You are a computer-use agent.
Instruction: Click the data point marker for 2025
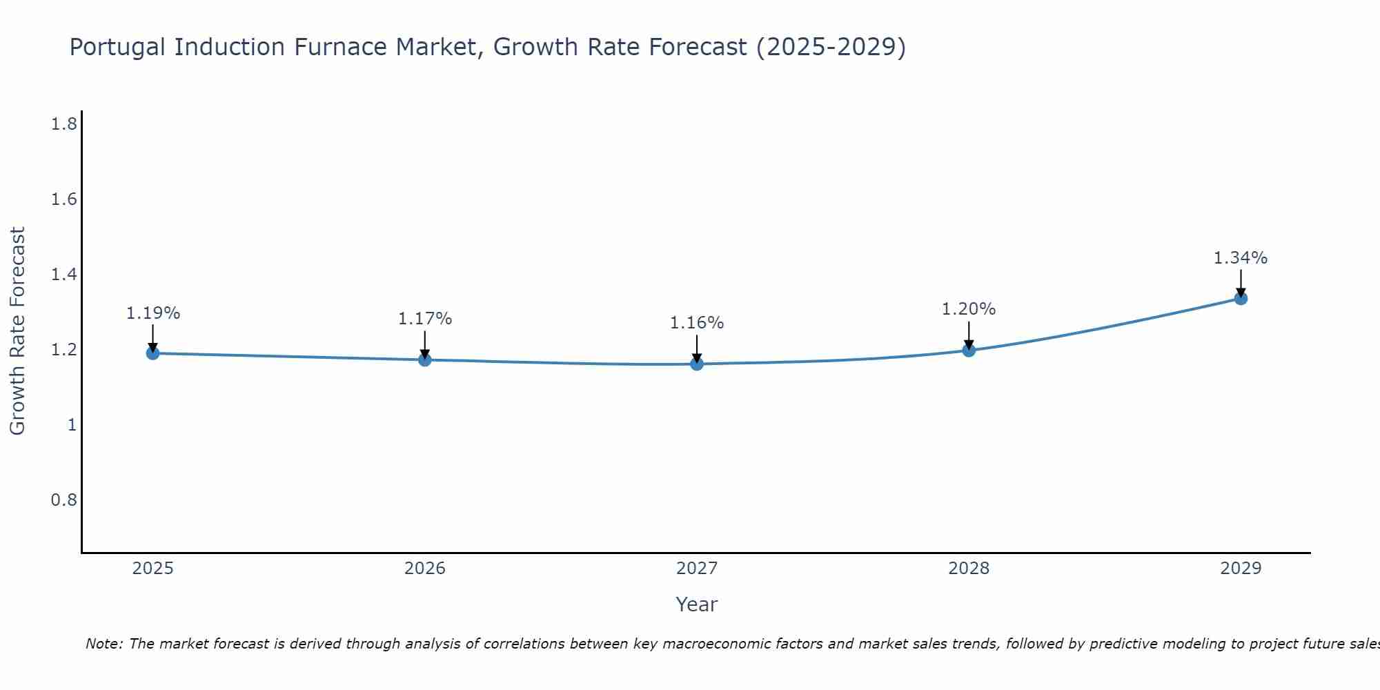(x=152, y=353)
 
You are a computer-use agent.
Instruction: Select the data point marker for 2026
(x=424, y=359)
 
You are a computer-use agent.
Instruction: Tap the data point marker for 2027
(x=697, y=364)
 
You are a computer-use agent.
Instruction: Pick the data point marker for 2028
(x=969, y=350)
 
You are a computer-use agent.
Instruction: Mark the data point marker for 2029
(x=1241, y=298)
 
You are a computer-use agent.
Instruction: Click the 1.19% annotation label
(x=152, y=313)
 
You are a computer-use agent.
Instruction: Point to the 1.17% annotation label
(x=424, y=319)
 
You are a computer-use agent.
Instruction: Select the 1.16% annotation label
(x=697, y=323)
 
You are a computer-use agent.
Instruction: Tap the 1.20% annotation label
(x=969, y=309)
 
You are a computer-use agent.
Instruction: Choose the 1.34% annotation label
(x=1241, y=258)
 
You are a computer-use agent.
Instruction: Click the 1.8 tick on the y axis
(x=63, y=124)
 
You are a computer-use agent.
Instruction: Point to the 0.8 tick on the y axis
(x=63, y=500)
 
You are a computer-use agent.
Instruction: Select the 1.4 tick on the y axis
(x=63, y=275)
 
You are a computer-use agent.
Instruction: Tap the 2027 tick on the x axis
(x=697, y=569)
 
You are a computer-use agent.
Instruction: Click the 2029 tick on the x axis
(x=1241, y=569)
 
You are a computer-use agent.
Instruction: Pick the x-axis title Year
(x=697, y=604)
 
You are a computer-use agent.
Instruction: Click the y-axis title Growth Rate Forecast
(x=17, y=331)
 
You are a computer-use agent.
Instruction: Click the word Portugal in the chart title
(x=117, y=47)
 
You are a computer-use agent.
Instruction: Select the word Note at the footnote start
(x=103, y=644)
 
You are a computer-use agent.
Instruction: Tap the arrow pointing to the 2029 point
(x=1241, y=283)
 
